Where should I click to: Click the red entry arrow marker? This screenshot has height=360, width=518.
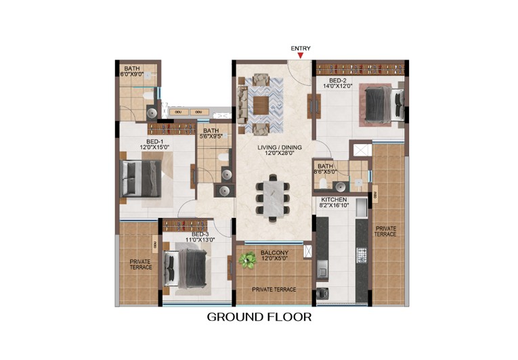[301, 55]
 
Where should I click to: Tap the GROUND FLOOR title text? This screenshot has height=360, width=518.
[259, 317]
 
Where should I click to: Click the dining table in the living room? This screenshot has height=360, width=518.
[273, 199]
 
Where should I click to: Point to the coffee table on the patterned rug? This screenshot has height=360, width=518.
[261, 105]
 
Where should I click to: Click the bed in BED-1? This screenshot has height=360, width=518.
[141, 179]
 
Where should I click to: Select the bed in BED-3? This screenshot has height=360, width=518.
[186, 268]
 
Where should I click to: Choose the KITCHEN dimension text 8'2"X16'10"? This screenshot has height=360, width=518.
[334, 206]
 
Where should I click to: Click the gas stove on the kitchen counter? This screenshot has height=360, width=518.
[362, 255]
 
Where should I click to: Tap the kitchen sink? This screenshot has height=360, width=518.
[322, 269]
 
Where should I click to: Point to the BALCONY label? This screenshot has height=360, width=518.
[274, 252]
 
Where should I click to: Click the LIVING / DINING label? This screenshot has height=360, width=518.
[280, 148]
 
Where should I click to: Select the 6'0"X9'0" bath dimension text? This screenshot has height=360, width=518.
[132, 74]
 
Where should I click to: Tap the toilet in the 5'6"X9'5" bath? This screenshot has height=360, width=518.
[223, 157]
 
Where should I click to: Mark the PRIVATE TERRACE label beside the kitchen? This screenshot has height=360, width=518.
[385, 231]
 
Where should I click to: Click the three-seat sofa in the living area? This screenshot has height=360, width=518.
[242, 105]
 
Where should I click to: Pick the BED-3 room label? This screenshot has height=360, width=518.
[200, 234]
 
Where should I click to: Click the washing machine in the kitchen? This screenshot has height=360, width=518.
[322, 293]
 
